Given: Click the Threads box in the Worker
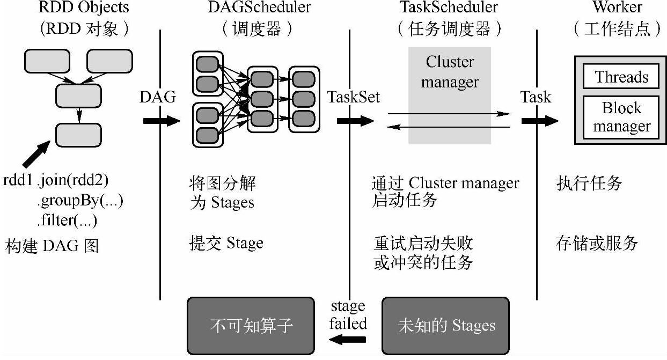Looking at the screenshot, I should point(621,77).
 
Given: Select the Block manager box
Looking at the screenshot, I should point(621,117).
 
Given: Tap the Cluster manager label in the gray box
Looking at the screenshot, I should point(450,72).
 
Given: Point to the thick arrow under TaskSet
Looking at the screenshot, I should point(355,121).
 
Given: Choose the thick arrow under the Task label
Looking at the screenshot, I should point(540,121).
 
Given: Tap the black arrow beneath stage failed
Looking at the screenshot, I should point(347,339).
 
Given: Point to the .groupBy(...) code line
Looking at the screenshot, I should point(80,200).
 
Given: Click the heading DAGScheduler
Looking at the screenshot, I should point(259,7).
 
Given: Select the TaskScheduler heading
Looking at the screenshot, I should point(449,7).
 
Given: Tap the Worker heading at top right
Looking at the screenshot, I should point(617,7).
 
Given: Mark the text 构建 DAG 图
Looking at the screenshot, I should point(53,246).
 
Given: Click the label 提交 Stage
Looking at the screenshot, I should point(226,243).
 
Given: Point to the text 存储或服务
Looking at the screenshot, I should point(597,243).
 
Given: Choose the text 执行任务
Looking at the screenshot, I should point(589,183).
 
